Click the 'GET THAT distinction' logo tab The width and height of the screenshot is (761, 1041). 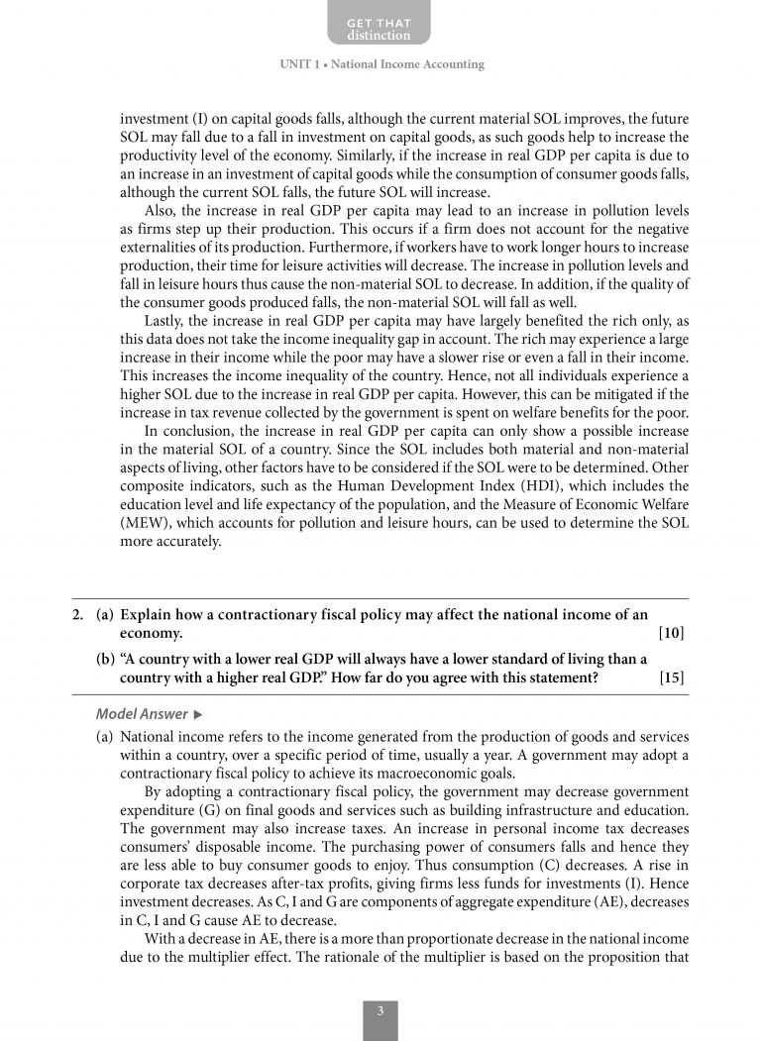[379, 29]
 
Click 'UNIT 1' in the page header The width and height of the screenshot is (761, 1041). [298, 64]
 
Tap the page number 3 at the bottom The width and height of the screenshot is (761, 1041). [380, 1011]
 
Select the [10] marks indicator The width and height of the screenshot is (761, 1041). [671, 633]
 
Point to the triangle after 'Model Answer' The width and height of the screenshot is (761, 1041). [198, 714]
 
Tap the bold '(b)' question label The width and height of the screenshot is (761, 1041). [105, 660]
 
